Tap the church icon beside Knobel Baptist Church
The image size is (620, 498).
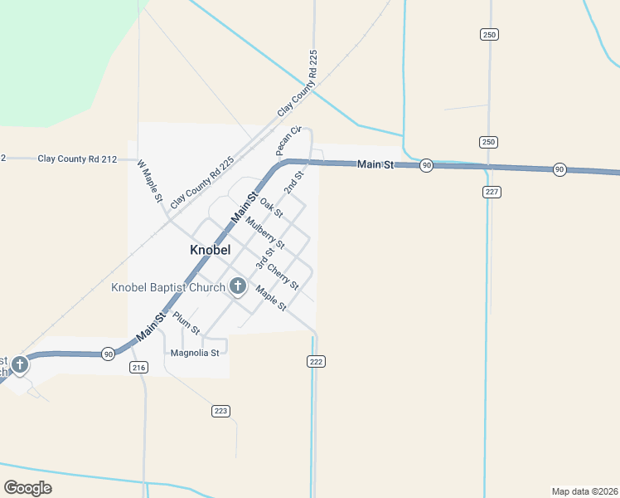coord(238,287)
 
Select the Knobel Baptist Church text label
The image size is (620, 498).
coord(168,288)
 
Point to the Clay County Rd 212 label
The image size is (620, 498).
coord(77,158)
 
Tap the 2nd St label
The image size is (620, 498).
coord(294,183)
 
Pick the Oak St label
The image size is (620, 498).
coord(271,207)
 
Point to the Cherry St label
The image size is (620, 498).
coord(283,276)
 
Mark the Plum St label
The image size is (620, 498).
coord(186,322)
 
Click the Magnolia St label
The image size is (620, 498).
coord(194,353)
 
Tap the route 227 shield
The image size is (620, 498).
coord(492,192)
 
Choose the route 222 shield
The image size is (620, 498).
coord(316,361)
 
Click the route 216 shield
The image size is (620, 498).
coord(138,367)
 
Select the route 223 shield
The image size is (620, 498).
coord(220,411)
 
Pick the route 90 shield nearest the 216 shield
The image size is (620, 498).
coord(109,354)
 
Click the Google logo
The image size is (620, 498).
coord(27,488)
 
